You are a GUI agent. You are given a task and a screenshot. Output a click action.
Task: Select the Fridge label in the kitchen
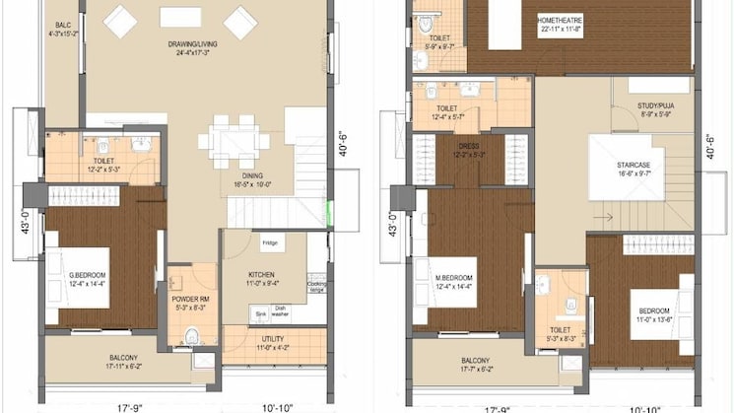[268, 242]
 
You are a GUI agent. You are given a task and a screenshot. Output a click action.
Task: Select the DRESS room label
[468, 149]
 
